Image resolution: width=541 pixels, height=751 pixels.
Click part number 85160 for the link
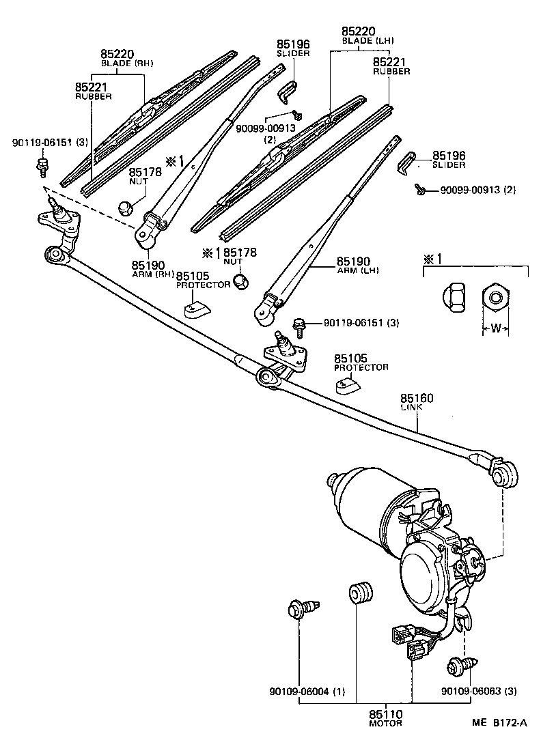pos(417,398)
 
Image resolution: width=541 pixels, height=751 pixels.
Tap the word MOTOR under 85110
pos(386,723)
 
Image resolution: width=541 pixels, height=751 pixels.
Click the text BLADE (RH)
pos(128,63)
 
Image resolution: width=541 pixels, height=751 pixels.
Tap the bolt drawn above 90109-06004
pos(301,607)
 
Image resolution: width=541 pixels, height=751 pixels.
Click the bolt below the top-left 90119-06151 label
pos(42,164)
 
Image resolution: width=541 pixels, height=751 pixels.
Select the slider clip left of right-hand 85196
pos(408,162)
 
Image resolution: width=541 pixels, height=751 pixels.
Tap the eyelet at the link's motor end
pos(505,474)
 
